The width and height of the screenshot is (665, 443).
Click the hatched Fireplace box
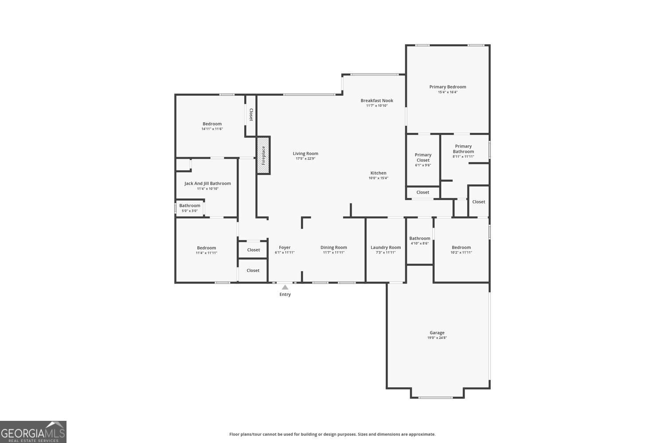tap(263, 155)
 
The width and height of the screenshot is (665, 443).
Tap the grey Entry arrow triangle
tap(285, 288)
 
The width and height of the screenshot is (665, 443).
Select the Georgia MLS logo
tap(33, 432)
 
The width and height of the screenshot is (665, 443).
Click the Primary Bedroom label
tap(447, 87)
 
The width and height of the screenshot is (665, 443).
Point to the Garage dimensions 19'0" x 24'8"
tap(437, 338)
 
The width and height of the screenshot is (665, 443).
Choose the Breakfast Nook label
tap(377, 101)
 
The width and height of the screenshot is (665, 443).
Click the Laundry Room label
tap(386, 248)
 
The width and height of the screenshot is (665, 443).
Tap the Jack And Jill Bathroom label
tap(207, 183)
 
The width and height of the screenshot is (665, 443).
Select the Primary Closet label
tap(423, 157)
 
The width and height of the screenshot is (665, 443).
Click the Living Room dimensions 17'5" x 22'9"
tap(305, 159)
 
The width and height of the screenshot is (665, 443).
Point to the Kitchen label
tap(378, 173)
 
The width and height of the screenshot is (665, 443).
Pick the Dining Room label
tap(333, 248)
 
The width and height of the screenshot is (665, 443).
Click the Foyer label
tap(285, 248)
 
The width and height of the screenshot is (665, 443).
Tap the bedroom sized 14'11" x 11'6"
tap(212, 126)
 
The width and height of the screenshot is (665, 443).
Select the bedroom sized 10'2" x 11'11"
tap(461, 250)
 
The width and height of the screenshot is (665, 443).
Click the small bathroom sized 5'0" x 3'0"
tap(190, 208)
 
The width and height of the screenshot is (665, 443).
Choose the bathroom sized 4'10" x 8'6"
tap(419, 241)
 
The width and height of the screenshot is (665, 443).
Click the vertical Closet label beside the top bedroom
tap(251, 115)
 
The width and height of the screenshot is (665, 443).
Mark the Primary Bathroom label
tap(463, 149)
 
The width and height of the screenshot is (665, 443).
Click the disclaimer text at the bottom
tap(332, 434)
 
